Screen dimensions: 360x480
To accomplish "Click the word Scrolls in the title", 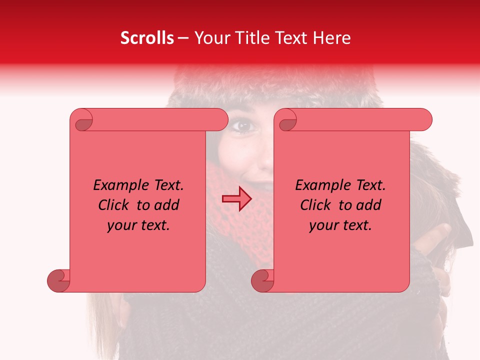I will tap(147, 38).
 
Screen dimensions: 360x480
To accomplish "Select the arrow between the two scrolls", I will tap(237, 199).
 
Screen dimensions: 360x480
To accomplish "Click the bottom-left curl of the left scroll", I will tap(59, 280).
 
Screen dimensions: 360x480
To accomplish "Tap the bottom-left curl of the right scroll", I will tap(263, 280).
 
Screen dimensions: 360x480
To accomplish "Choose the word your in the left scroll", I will tap(121, 226).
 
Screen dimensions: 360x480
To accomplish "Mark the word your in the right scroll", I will tap(323, 226).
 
